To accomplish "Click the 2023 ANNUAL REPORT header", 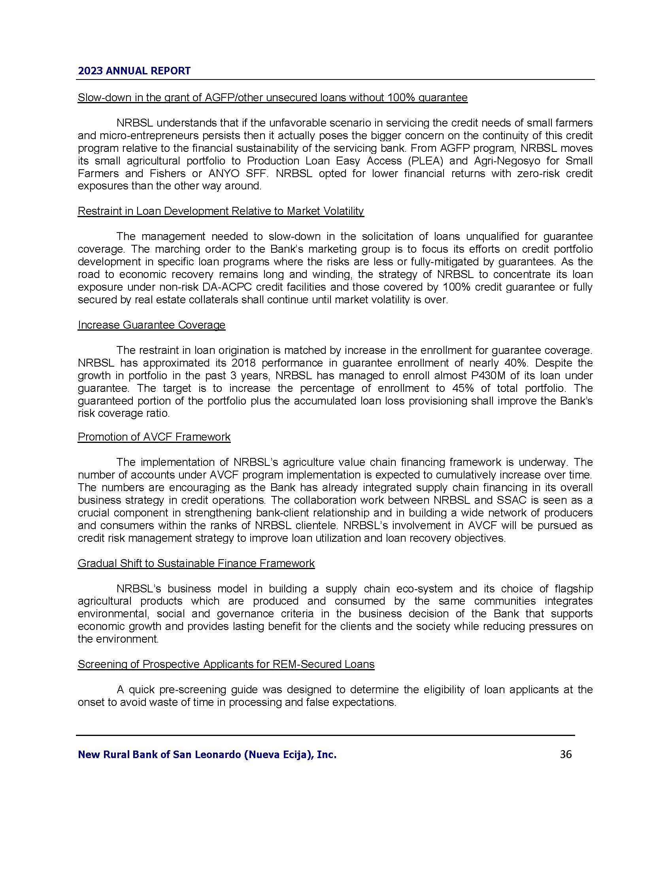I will (134, 71).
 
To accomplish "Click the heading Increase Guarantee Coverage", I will (151, 325).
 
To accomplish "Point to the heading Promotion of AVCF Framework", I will (154, 437).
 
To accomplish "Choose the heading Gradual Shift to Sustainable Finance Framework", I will (196, 563).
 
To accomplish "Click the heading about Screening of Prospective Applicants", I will (226, 664).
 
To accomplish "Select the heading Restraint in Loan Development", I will (221, 211).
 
